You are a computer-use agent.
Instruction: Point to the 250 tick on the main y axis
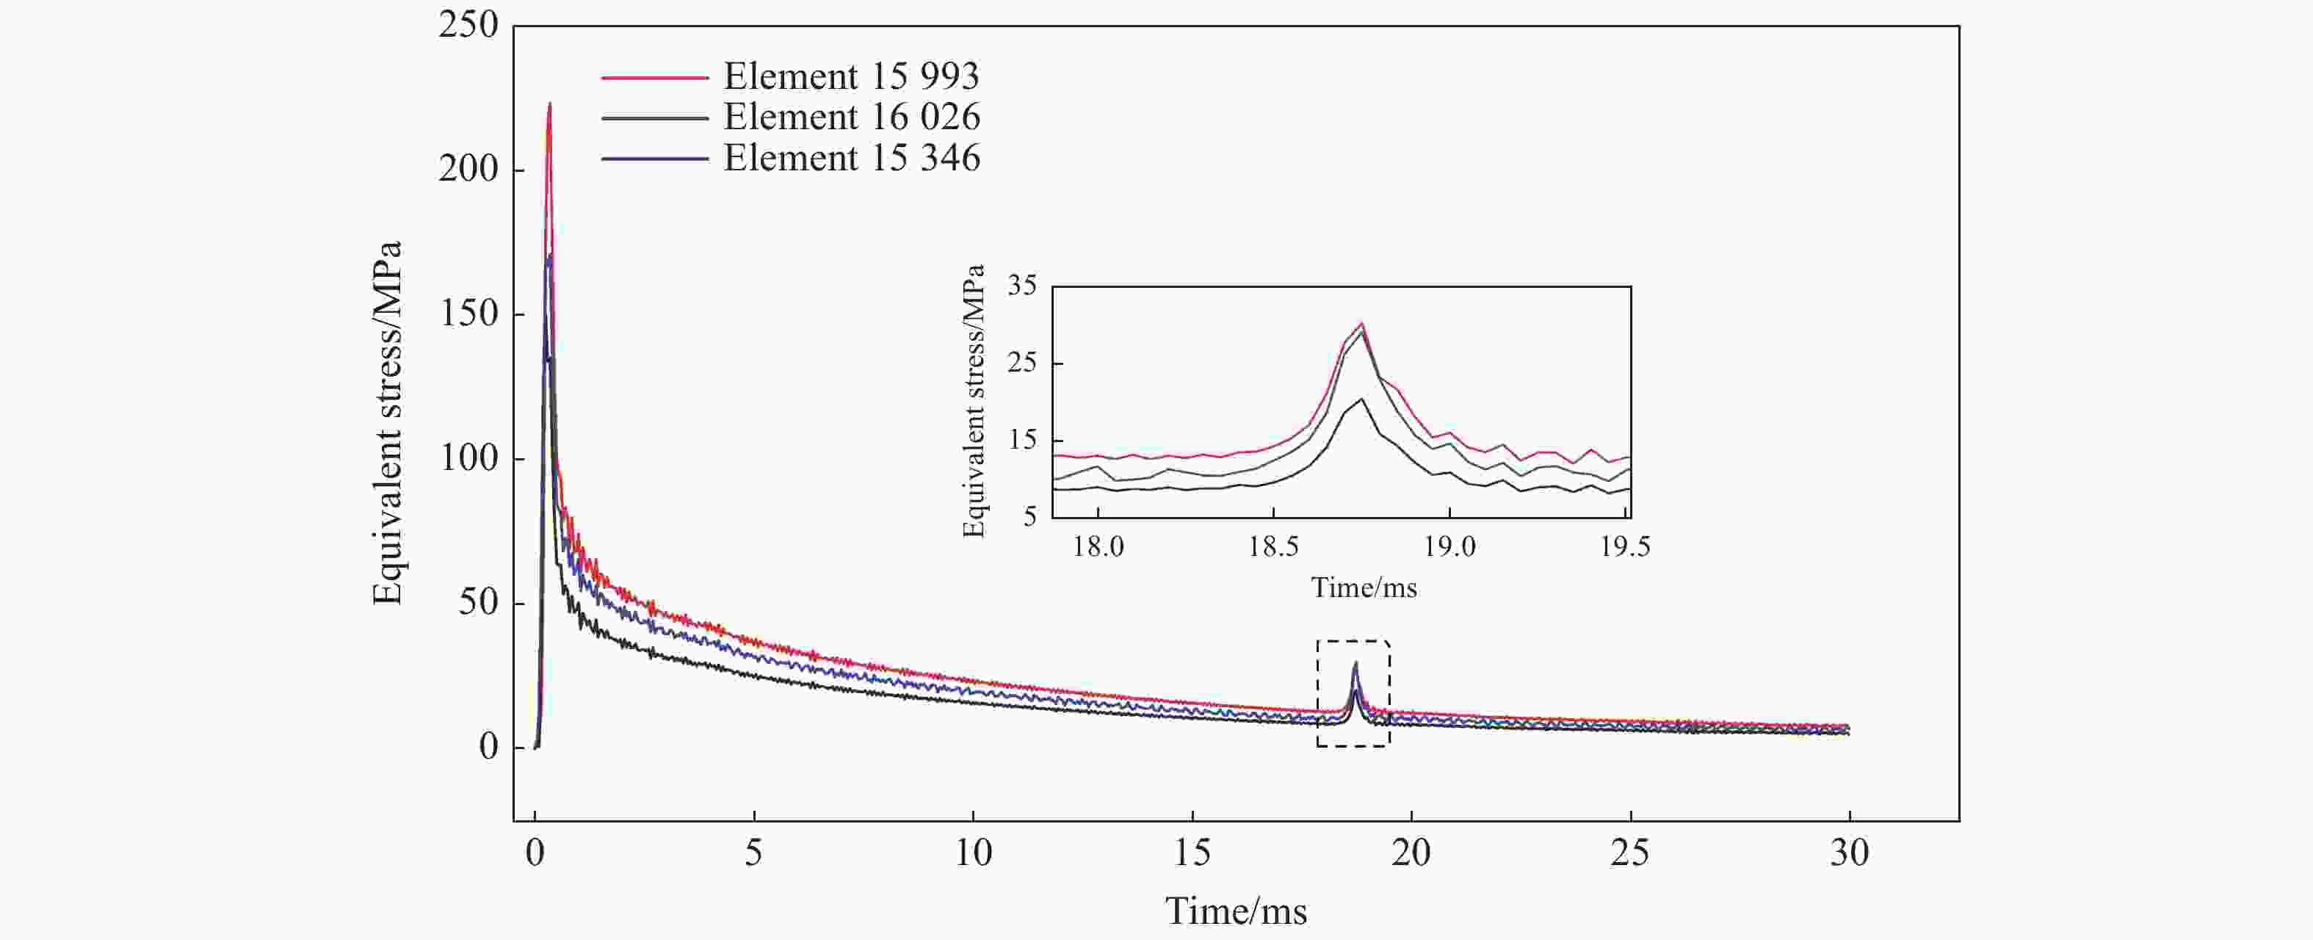(x=468, y=25)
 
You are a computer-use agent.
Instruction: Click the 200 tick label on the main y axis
(x=468, y=169)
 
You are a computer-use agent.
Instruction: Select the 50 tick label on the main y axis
(x=478, y=602)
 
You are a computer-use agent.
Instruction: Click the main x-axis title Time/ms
(x=1236, y=911)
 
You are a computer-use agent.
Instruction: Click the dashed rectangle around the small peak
(x=1353, y=641)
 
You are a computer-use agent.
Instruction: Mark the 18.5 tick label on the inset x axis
(x=1273, y=547)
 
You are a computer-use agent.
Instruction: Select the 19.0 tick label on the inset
(x=1449, y=547)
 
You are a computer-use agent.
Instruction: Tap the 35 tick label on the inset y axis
(x=1022, y=286)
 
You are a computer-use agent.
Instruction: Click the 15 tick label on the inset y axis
(x=1022, y=440)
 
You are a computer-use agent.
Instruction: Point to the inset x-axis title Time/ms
(x=1363, y=588)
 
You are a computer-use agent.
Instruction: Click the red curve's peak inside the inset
(x=1362, y=323)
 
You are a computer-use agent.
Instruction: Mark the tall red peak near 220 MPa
(x=549, y=104)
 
